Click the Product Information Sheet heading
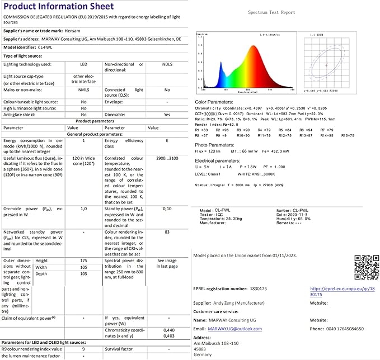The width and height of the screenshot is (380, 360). [x=59, y=6]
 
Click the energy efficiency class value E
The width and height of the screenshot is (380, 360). [x=167, y=141]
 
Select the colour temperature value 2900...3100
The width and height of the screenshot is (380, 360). [x=167, y=159]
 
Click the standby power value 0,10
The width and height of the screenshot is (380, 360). [x=167, y=208]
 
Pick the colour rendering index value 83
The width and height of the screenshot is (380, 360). [x=167, y=231]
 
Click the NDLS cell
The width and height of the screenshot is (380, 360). [x=167, y=64]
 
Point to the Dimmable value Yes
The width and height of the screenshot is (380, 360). [x=167, y=114]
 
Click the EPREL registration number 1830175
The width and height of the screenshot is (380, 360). [x=257, y=288]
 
